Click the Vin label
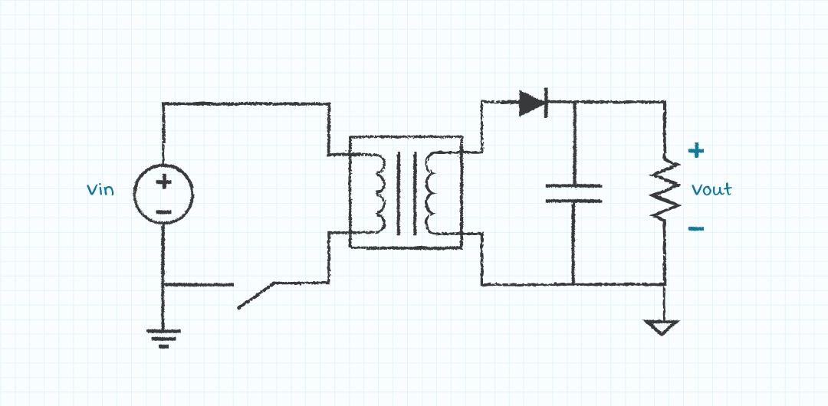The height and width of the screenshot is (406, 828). [100, 189]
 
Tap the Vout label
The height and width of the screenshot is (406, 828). [711, 189]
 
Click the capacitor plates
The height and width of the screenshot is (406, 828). [573, 193]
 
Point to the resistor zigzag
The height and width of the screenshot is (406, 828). [664, 189]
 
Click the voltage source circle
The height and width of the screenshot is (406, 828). [164, 195]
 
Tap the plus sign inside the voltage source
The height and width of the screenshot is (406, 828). [164, 182]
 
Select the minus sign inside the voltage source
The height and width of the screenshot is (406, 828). [164, 212]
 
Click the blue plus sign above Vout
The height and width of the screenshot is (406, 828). [696, 151]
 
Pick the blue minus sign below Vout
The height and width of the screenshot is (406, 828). [696, 228]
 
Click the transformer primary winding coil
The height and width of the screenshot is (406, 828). [380, 193]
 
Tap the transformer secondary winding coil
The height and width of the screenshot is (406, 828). [432, 193]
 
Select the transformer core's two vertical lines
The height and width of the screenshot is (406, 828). [406, 193]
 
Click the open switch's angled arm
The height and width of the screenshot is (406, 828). [256, 296]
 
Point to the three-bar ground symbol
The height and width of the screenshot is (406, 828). [164, 339]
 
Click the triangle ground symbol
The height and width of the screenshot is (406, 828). [662, 327]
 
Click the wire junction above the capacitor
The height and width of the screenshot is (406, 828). [574, 102]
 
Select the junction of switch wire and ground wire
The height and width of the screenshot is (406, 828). [163, 284]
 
